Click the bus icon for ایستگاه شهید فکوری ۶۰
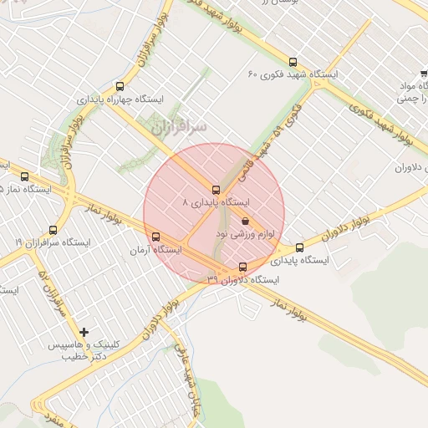tap(292, 62)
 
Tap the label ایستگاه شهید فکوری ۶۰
tap(293, 74)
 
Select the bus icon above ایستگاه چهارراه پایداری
tap(120, 85)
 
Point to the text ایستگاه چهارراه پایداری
tap(121, 98)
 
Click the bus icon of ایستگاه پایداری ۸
tap(217, 190)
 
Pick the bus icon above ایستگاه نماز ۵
tap(24, 176)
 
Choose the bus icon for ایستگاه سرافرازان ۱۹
tap(53, 229)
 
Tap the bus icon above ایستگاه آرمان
tap(155, 237)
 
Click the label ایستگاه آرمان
tap(156, 249)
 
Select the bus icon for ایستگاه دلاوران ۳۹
tap(243, 267)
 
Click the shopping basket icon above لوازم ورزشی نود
tap(245, 222)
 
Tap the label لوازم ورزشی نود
tap(245, 234)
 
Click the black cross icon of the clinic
tap(84, 332)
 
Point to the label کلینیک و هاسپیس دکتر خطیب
tap(87, 350)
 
